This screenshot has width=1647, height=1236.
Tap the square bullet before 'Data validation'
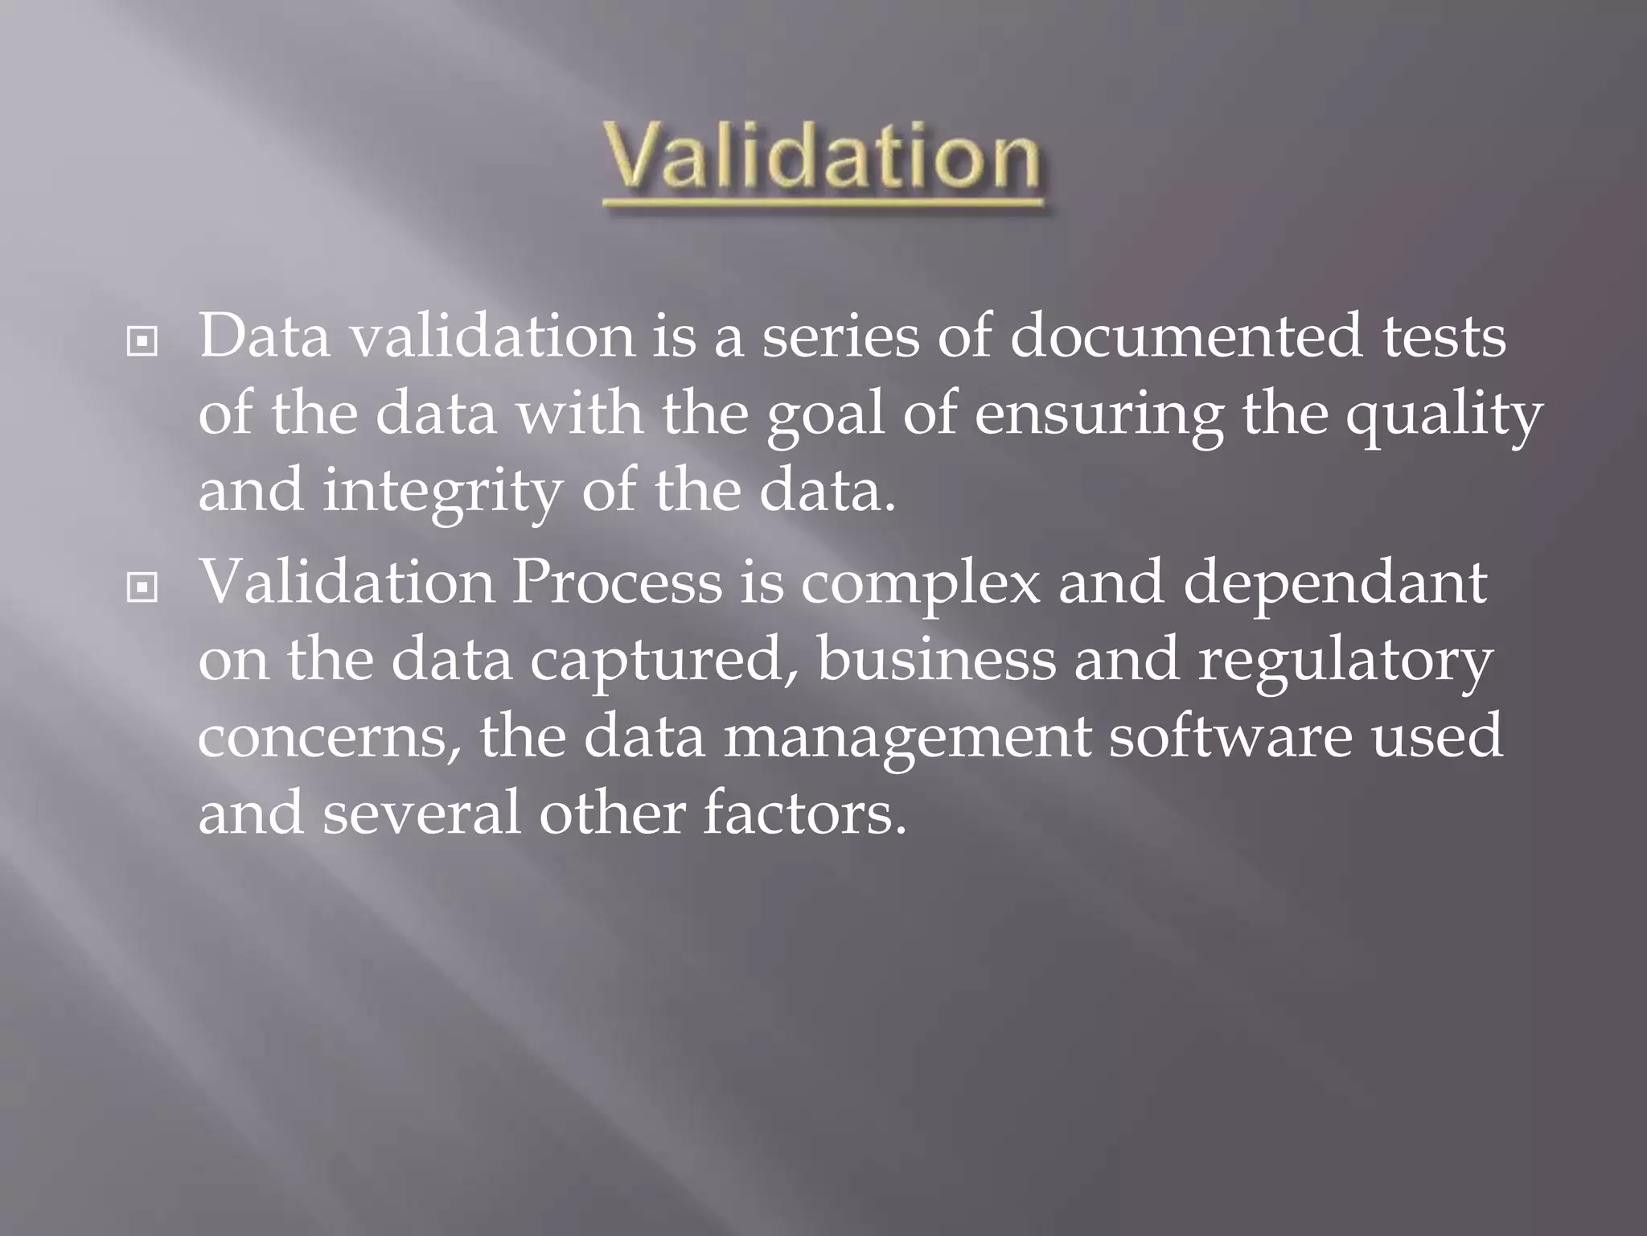(142, 343)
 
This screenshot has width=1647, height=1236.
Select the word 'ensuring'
(1099, 417)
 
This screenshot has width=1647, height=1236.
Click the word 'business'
(937, 658)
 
